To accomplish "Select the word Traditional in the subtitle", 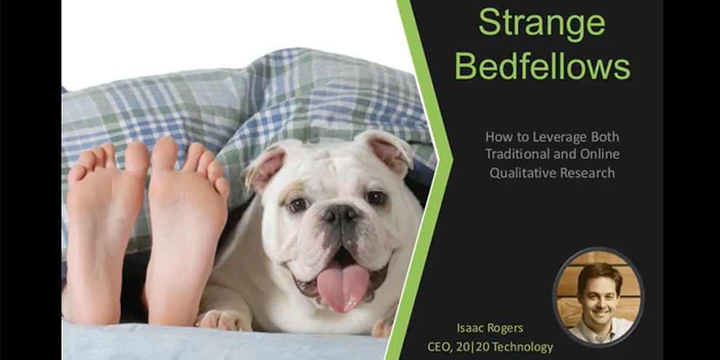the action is pyautogui.click(x=517, y=154).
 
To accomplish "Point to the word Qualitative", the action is pyautogui.click(x=519, y=172).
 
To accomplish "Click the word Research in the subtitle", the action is pyautogui.click(x=583, y=172).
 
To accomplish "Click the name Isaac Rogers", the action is pyautogui.click(x=490, y=328).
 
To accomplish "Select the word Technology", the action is pyautogui.click(x=522, y=347).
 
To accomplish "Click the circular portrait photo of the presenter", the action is pyautogui.click(x=598, y=296).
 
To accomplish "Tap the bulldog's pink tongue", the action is pyautogui.click(x=342, y=286).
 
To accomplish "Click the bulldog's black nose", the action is pyautogui.click(x=340, y=215).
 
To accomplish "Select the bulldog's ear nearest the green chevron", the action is pyautogui.click(x=388, y=151).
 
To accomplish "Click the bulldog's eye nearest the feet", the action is pyautogui.click(x=297, y=205).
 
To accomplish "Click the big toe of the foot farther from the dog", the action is pyautogui.click(x=137, y=158).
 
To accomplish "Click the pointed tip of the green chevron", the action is pyautogui.click(x=452, y=160).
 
